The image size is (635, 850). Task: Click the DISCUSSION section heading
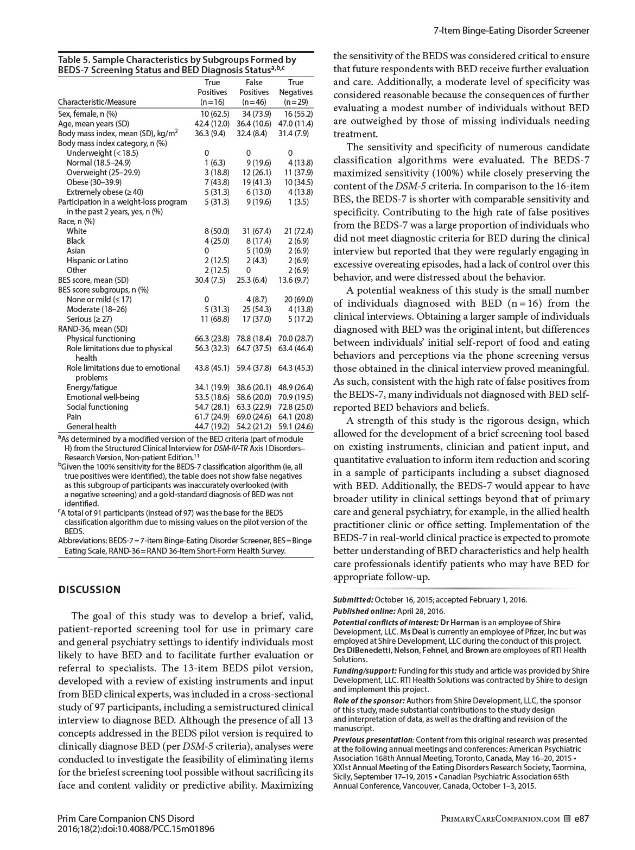(x=90, y=589)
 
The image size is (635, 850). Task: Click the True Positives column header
(x=212, y=92)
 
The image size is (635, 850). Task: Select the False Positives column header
(x=254, y=92)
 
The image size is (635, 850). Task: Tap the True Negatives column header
(x=296, y=92)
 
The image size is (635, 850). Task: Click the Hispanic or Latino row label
(x=97, y=261)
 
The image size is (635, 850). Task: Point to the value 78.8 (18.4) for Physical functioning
(x=254, y=339)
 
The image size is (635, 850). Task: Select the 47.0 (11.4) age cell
(x=296, y=124)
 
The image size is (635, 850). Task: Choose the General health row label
(x=91, y=427)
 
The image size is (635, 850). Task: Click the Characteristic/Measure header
(x=97, y=102)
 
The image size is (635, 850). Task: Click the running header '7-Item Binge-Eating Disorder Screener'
(x=511, y=31)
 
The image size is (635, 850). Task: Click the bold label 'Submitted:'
(x=353, y=600)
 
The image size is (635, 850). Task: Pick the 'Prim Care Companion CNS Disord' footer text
(x=125, y=819)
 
